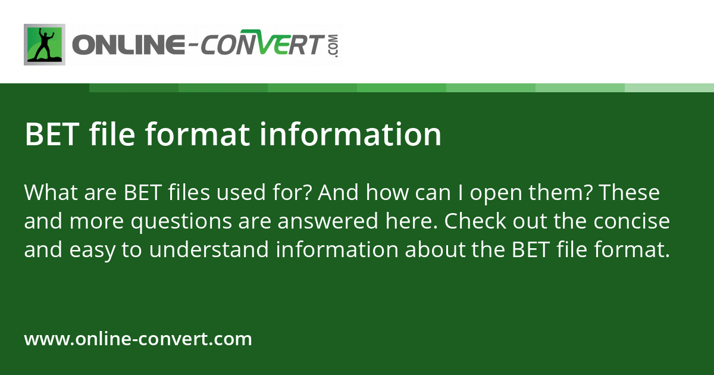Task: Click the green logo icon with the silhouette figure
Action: click(x=45, y=45)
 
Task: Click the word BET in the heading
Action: click(x=52, y=135)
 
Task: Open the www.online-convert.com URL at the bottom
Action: click(x=138, y=339)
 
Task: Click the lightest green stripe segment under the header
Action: click(x=669, y=87)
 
